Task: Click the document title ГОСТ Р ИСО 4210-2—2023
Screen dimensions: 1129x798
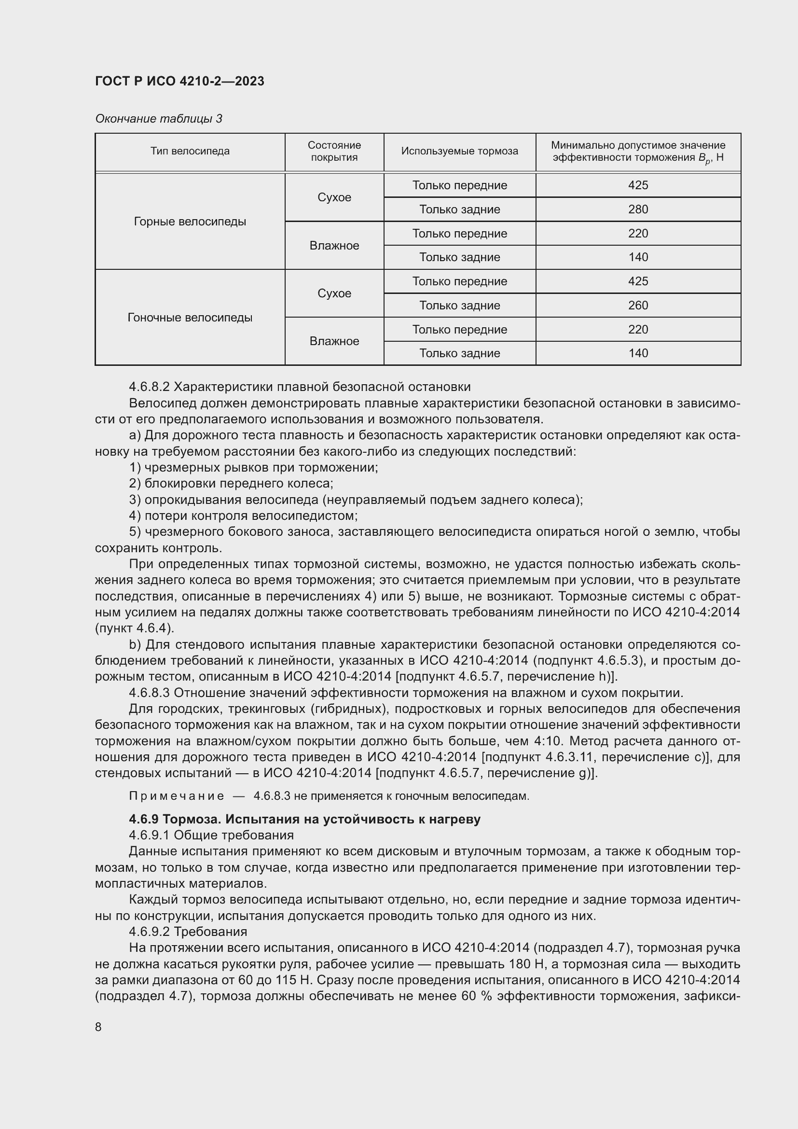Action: pos(179,81)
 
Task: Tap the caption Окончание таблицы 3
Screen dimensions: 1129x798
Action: pos(158,119)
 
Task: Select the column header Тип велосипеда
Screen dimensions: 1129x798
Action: pos(190,151)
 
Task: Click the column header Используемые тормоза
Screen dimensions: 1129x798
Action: pos(459,151)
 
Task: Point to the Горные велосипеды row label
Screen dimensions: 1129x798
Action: pos(190,221)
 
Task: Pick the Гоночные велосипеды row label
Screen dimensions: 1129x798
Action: pos(190,317)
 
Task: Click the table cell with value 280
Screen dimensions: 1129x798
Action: pos(638,209)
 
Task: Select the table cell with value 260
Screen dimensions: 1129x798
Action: pos(638,306)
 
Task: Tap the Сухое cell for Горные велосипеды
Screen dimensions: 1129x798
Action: pos(334,197)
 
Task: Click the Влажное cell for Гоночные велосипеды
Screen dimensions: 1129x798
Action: pos(334,341)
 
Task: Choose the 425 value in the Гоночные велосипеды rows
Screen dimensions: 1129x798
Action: pos(638,281)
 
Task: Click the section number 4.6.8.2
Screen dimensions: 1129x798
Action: pos(149,387)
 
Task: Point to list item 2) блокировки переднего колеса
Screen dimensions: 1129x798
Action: pos(231,483)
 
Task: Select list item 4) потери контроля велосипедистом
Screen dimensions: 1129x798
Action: pos(243,516)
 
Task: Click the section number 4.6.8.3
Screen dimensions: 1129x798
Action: pos(149,693)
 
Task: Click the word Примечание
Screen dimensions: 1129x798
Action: pos(177,796)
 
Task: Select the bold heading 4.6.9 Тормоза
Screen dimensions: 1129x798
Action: pos(304,819)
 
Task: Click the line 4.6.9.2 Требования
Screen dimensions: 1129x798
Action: pos(188,931)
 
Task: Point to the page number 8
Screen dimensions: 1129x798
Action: pos(98,1027)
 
